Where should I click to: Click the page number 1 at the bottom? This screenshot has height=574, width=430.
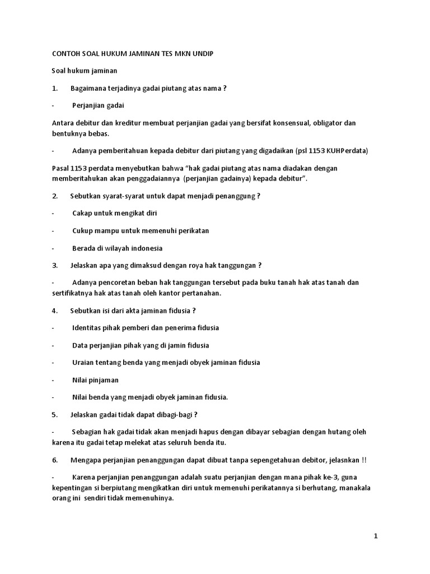click(376, 536)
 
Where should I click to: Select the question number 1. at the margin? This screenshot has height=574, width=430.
click(55, 89)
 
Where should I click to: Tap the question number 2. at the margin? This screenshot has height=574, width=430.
click(55, 196)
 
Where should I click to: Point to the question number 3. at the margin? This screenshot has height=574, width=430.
click(55, 265)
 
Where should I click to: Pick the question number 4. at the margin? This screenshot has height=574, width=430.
click(55, 310)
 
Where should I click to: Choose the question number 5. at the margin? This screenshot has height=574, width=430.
click(55, 414)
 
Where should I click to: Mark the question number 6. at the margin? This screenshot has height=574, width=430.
click(55, 460)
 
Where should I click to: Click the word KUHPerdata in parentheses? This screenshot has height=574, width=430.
click(348, 151)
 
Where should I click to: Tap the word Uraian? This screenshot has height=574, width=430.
click(83, 362)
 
